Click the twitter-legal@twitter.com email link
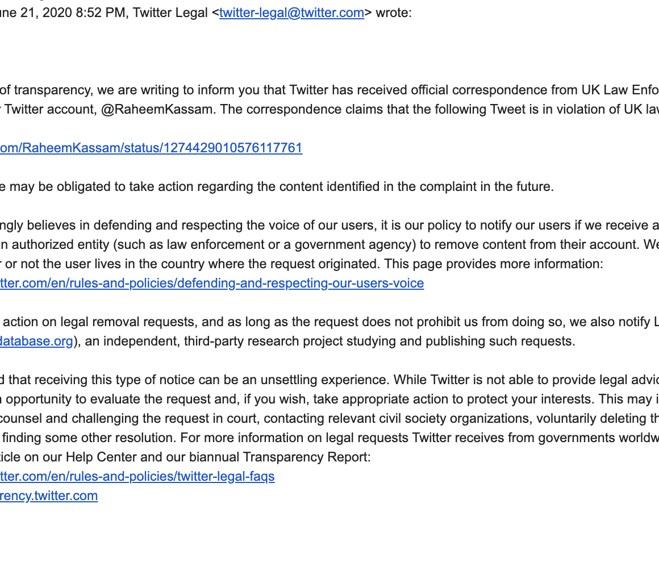click(x=291, y=13)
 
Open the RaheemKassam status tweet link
click(x=151, y=148)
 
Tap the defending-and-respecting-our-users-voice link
click(x=211, y=283)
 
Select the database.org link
click(x=36, y=341)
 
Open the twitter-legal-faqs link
click(x=137, y=476)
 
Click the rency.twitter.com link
click(x=49, y=496)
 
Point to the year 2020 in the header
click(x=58, y=13)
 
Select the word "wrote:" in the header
click(x=393, y=13)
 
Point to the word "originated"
click(x=340, y=264)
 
